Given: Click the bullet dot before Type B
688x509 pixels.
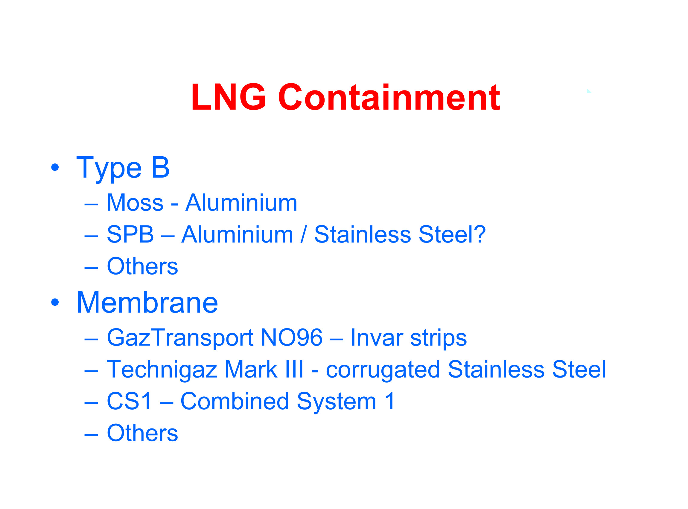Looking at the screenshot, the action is (55, 168).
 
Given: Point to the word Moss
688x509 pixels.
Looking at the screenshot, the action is (135, 203).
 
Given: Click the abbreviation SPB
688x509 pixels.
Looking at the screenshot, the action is (130, 234).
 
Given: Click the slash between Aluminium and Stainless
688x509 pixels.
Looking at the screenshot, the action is (304, 234).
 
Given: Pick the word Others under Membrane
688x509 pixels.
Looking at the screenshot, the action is (142, 433).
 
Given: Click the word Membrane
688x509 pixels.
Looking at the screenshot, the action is (147, 303).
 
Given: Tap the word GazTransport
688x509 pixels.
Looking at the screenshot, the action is (180, 338).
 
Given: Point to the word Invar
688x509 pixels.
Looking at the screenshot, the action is (377, 338).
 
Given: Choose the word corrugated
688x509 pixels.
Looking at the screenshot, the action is (383, 371).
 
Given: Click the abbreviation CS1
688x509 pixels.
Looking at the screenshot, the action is (129, 402).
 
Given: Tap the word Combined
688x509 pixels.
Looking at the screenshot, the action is (235, 402).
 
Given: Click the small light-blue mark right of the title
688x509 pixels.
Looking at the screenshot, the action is (589, 91).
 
